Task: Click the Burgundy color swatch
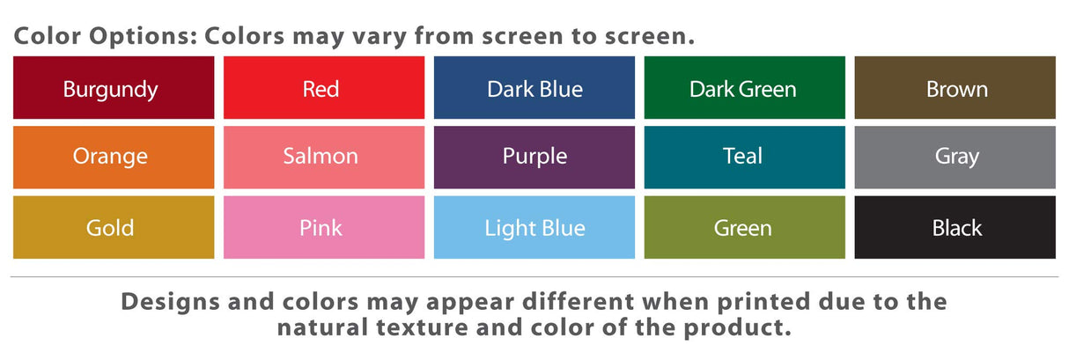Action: point(114,88)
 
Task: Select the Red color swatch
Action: point(324,88)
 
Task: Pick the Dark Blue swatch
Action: point(534,88)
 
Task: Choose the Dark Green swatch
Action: point(744,88)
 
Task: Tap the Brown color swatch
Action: point(955,88)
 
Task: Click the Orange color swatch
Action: point(114,158)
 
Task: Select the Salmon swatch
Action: point(324,158)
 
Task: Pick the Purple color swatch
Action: point(534,158)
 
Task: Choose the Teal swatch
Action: point(744,158)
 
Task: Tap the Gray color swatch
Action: point(955,158)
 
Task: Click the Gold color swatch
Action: point(114,227)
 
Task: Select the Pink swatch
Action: point(324,227)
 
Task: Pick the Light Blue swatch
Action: point(534,227)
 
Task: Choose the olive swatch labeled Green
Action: point(744,227)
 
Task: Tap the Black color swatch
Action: point(955,227)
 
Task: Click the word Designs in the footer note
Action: point(170,302)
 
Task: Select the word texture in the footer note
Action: point(422,328)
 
